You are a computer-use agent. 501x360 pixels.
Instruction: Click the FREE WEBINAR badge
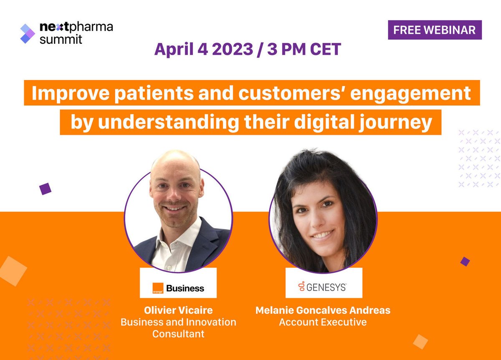(435, 30)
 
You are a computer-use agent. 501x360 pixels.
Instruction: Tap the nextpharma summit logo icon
(28, 33)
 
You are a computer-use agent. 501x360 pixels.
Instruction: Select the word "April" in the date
(175, 49)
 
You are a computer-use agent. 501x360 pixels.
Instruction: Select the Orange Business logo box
(178, 283)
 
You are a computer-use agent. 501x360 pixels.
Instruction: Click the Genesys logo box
(324, 283)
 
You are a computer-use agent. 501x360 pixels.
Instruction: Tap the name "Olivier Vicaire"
(178, 310)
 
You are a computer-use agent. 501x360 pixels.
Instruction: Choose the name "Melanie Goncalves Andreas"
(322, 310)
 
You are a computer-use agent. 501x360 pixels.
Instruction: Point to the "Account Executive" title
(323, 322)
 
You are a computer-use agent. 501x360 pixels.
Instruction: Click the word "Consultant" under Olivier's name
(178, 334)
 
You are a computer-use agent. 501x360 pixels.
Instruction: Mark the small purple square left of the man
(45, 189)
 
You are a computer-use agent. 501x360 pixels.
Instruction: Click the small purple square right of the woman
(465, 262)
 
